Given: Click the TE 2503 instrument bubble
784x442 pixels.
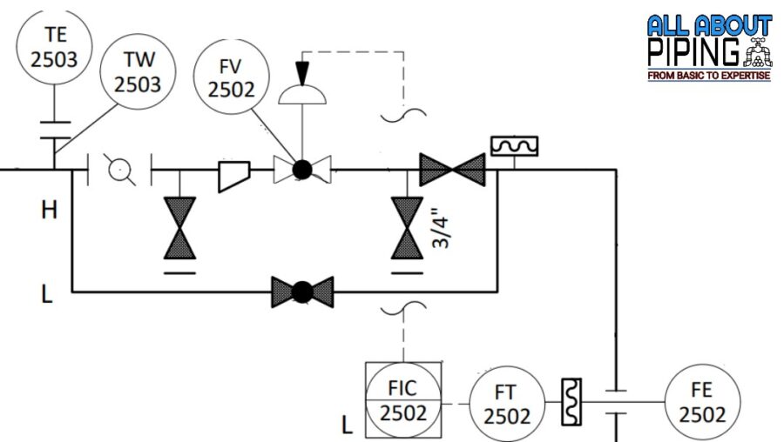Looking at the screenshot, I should (53, 47).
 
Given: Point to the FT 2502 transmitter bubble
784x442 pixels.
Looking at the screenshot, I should (507, 404).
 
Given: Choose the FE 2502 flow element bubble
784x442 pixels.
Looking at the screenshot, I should (702, 403).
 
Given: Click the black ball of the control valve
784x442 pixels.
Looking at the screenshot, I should (301, 170).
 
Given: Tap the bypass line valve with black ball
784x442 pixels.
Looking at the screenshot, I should (301, 291).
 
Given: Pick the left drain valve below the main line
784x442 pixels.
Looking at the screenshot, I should (180, 228).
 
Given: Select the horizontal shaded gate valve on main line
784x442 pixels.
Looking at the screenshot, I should (452, 170).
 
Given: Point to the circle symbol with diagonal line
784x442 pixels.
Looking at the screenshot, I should (120, 170).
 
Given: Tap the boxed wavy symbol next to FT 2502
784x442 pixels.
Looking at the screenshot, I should (571, 402).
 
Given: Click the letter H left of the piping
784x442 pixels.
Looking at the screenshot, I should (49, 210).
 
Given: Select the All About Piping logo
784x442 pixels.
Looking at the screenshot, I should (709, 48).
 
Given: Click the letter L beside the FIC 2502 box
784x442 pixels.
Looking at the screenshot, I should (347, 425).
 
